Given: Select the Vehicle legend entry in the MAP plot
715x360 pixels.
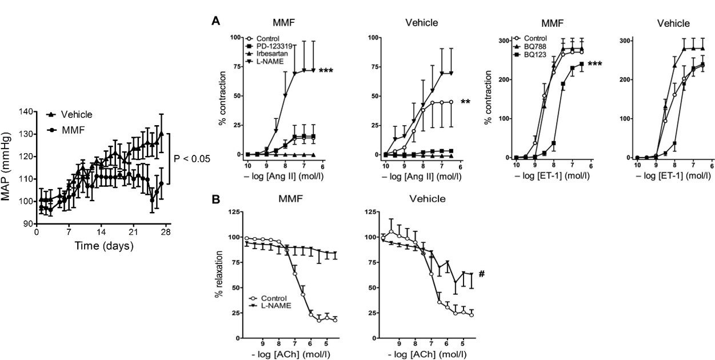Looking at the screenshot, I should tap(75, 115).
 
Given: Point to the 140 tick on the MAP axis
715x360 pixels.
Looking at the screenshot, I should tap(25, 111).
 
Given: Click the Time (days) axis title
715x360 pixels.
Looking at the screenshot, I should tap(104, 247).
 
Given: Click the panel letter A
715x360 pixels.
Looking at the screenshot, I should tap(215, 21).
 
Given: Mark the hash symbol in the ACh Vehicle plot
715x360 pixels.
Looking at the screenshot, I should tap(482, 274).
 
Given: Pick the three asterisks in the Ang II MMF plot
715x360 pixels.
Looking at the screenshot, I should tap(326, 71).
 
